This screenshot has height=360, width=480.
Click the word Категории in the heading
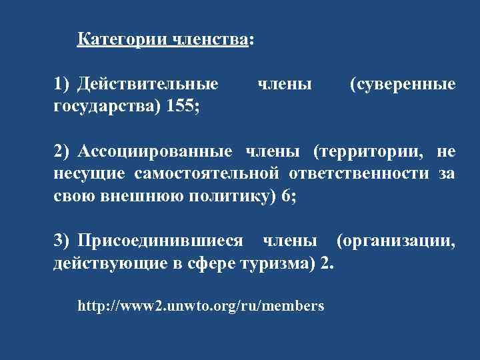click(x=122, y=40)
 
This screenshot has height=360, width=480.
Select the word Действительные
click(x=148, y=85)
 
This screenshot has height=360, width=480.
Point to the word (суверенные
click(x=402, y=85)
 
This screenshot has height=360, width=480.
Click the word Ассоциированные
click(x=155, y=151)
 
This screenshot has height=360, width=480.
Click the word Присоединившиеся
click(x=161, y=241)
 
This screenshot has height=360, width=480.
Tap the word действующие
click(x=105, y=263)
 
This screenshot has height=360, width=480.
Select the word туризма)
click(x=279, y=263)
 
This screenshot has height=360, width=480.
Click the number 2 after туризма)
click(x=325, y=263)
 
